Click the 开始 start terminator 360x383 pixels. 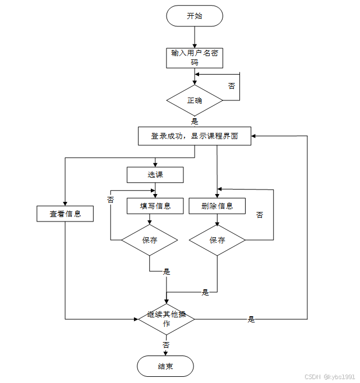(x=195, y=16)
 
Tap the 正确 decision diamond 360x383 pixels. (x=195, y=101)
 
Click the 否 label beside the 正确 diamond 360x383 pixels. (x=232, y=86)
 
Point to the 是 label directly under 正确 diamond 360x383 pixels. (x=195, y=121)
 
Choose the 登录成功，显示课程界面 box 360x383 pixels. (x=195, y=136)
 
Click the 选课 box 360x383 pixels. (x=155, y=175)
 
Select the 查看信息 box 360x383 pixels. (x=65, y=214)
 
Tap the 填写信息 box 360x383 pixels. (x=155, y=206)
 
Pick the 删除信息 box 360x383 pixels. (x=217, y=206)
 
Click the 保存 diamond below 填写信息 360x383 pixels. (x=150, y=240)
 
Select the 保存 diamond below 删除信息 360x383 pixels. (x=217, y=240)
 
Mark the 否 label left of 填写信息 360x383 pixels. (x=110, y=200)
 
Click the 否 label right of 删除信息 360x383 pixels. (x=260, y=215)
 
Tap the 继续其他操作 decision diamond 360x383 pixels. (x=167, y=319)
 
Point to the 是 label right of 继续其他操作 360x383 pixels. (x=251, y=320)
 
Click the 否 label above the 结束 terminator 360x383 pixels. (x=166, y=345)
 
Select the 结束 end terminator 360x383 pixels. (x=165, y=367)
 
